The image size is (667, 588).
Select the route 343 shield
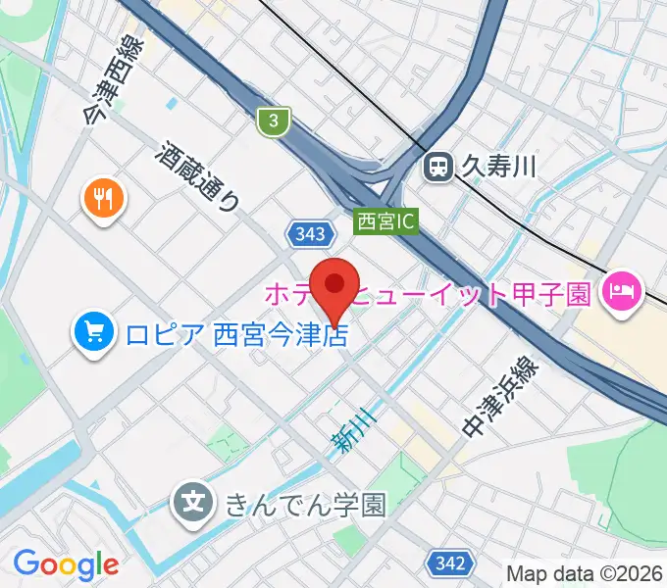point(307,233)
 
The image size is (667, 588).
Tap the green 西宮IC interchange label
point(385,222)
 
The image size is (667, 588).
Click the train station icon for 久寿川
point(436,168)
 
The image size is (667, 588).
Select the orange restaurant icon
point(102,199)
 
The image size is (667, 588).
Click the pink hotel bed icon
point(622,290)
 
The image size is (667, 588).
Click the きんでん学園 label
point(305,505)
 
